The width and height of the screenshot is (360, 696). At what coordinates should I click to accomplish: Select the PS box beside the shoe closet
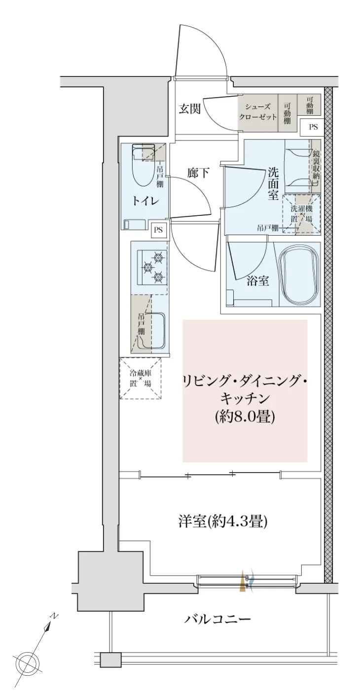tap(313, 127)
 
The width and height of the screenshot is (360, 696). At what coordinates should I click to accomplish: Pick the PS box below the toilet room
tap(159, 230)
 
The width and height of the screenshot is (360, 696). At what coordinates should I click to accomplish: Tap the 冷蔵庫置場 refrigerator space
tap(141, 379)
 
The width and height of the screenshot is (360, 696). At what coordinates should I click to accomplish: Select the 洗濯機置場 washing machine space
tap(301, 213)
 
